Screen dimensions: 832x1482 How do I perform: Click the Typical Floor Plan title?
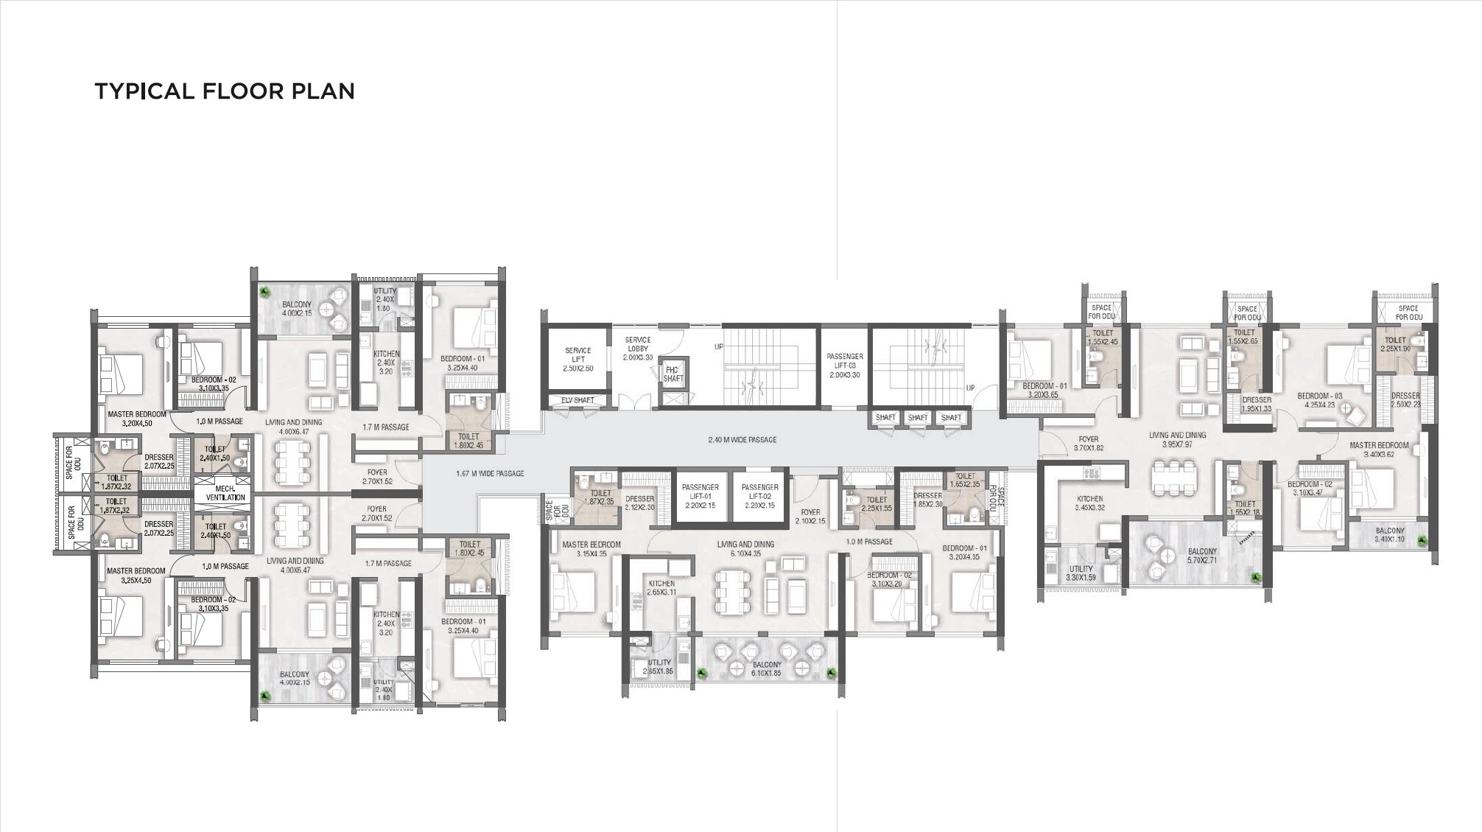coord(225,91)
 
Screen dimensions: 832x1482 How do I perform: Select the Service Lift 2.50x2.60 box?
coord(578,360)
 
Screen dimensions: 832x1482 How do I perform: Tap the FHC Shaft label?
coord(672,374)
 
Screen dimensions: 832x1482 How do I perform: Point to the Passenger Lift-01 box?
coord(700,496)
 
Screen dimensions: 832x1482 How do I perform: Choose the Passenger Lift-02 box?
coord(759,496)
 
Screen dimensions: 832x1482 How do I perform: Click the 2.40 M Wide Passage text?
coord(742,440)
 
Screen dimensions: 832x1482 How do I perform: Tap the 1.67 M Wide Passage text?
coord(490,473)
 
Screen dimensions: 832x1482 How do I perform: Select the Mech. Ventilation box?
coord(225,493)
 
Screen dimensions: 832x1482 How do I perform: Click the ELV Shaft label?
coord(577,400)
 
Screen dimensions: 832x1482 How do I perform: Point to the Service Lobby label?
coord(637,349)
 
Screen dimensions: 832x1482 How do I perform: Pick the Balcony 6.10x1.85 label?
coord(766,668)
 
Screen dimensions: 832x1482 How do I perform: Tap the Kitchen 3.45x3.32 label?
coord(1089,503)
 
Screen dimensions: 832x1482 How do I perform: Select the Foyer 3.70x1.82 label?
coord(1088,444)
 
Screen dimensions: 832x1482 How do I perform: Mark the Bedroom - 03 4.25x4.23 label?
coord(1319,399)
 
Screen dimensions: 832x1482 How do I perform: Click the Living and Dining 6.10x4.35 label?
coord(745,549)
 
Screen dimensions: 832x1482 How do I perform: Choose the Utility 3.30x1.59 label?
coord(1081,573)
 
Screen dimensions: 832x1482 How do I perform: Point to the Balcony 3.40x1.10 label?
coord(1389,535)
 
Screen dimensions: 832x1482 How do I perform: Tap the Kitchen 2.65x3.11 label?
coord(661,587)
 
